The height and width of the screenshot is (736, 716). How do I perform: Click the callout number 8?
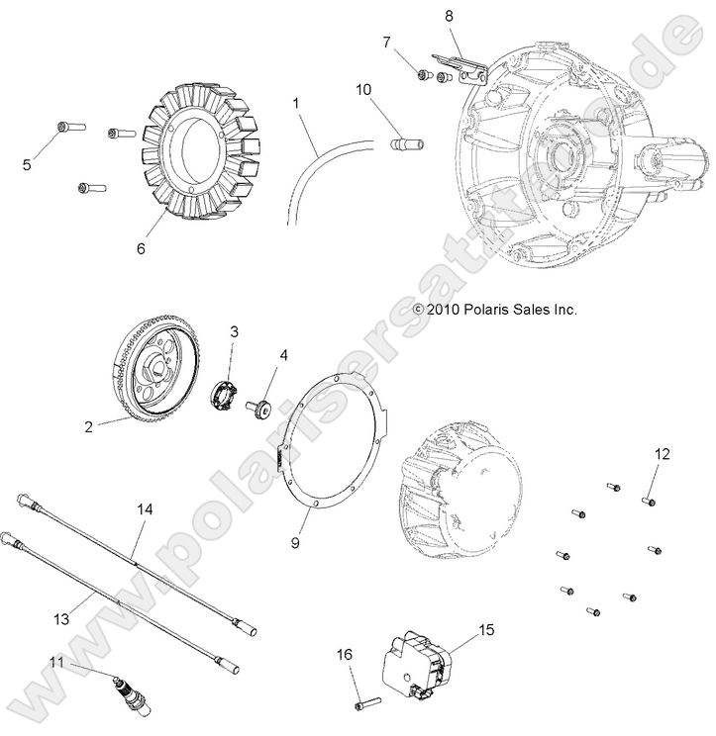pyautogui.click(x=449, y=16)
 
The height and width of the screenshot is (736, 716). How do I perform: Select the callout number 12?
pyautogui.click(x=662, y=454)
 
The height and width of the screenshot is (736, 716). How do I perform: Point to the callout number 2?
pyautogui.click(x=88, y=426)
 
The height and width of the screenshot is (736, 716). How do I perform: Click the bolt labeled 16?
pyautogui.click(x=364, y=704)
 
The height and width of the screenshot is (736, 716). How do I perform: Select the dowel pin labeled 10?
pyautogui.click(x=404, y=144)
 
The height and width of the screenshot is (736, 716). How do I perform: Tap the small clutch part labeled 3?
pyautogui.click(x=227, y=390)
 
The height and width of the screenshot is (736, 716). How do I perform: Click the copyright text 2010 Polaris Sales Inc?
pyautogui.click(x=494, y=310)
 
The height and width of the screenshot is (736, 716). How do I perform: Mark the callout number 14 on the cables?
pyautogui.click(x=146, y=508)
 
